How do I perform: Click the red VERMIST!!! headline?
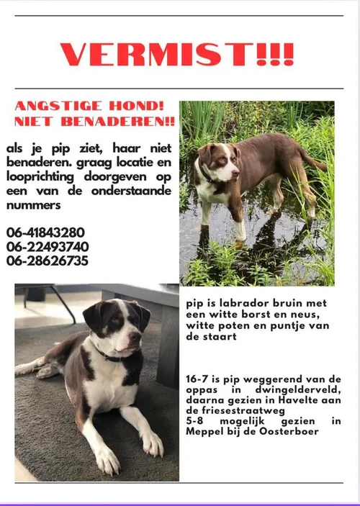click(177, 54)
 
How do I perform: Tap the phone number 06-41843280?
click(45, 232)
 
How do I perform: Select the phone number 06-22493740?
click(48, 246)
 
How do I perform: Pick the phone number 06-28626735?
click(48, 261)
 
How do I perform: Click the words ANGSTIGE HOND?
click(90, 106)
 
